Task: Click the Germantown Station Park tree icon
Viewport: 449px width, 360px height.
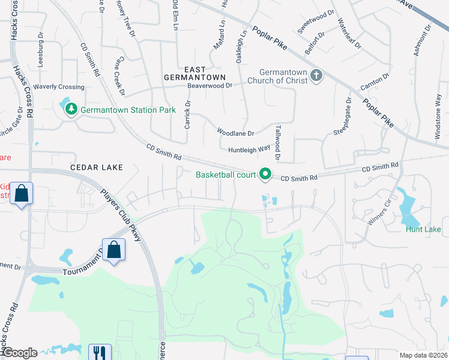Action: coord(71,109)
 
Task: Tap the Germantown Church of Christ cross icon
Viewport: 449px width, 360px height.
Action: coord(316,75)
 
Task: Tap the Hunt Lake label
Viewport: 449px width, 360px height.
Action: coord(423,229)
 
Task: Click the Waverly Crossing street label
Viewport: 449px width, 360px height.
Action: coord(59,87)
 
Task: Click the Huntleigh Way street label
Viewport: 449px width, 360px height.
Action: coord(249,149)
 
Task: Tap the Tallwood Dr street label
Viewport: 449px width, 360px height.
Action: coord(277,143)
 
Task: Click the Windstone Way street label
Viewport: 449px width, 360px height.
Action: coord(438,116)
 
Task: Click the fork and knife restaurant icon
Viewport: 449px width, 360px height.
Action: coord(98,353)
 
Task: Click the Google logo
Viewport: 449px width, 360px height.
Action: coord(19,353)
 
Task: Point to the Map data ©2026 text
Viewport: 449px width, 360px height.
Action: coord(423,355)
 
